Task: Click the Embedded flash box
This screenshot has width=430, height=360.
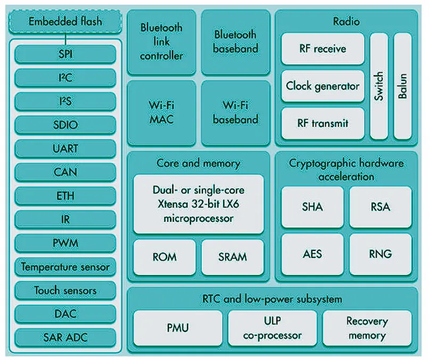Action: [x=65, y=22]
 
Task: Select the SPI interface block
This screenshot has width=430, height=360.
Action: [x=65, y=54]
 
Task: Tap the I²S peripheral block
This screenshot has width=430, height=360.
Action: [x=65, y=101]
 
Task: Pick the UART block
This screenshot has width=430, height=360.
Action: [x=65, y=148]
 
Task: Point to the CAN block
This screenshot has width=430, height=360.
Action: [x=65, y=172]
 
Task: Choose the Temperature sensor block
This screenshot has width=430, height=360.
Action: [x=65, y=266]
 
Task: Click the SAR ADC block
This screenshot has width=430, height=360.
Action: [x=65, y=337]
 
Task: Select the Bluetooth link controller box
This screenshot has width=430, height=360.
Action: [x=161, y=41]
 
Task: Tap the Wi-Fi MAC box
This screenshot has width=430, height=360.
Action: [x=161, y=112]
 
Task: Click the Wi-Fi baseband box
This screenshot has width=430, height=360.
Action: [x=235, y=112]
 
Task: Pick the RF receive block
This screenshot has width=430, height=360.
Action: [x=322, y=49]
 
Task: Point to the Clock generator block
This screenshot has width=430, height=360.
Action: [x=322, y=86]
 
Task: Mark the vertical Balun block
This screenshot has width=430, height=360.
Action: [x=402, y=86]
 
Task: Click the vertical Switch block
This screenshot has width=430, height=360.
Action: [x=378, y=86]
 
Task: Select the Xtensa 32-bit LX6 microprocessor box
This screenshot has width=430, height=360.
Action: [x=198, y=204]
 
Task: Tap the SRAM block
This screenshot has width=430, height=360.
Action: [x=233, y=257]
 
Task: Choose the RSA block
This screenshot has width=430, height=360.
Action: [x=380, y=207]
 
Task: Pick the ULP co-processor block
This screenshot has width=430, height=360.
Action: [x=272, y=329]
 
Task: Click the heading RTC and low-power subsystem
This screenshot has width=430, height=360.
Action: [x=272, y=299]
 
